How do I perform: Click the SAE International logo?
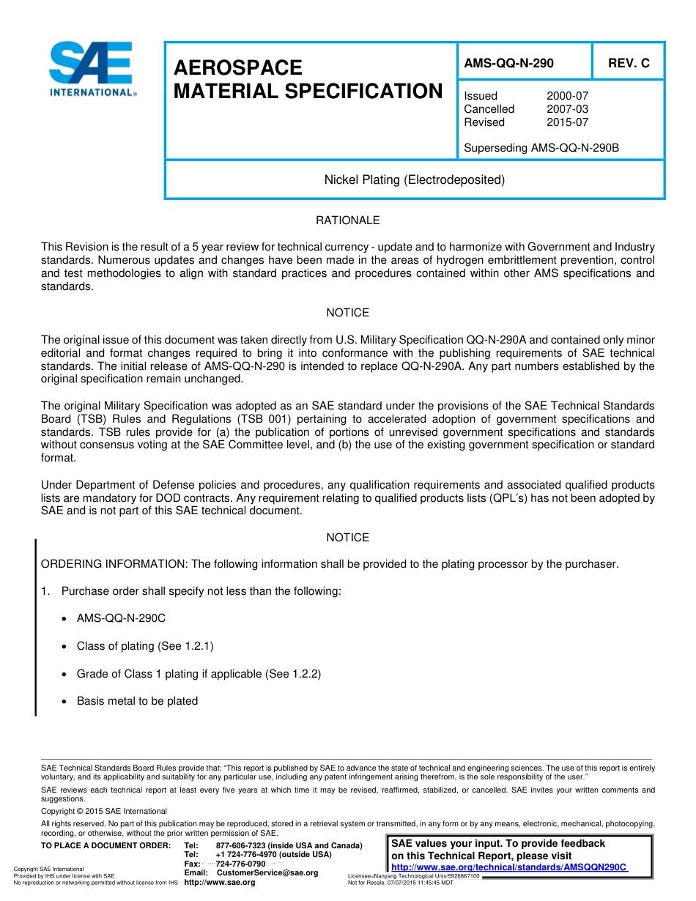click(91, 69)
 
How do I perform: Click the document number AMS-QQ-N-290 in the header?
click(508, 64)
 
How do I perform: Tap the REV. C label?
click(629, 64)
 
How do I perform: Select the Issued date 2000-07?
click(567, 96)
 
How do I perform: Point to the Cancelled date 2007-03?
click(567, 109)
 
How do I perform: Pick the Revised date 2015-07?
click(567, 122)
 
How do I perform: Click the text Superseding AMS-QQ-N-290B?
click(541, 148)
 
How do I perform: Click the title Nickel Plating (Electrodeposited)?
click(415, 179)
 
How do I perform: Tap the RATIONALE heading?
click(347, 220)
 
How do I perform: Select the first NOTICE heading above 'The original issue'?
click(347, 313)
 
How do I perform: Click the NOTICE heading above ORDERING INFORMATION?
click(347, 538)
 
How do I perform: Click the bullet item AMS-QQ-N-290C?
click(121, 618)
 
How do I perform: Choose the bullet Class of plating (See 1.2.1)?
click(145, 646)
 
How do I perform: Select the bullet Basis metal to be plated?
click(137, 701)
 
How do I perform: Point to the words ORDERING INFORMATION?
click(114, 564)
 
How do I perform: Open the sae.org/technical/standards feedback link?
click(509, 867)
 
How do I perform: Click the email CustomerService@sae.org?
click(267, 873)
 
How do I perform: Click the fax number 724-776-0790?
click(240, 864)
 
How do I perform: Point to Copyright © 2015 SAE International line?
click(104, 811)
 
